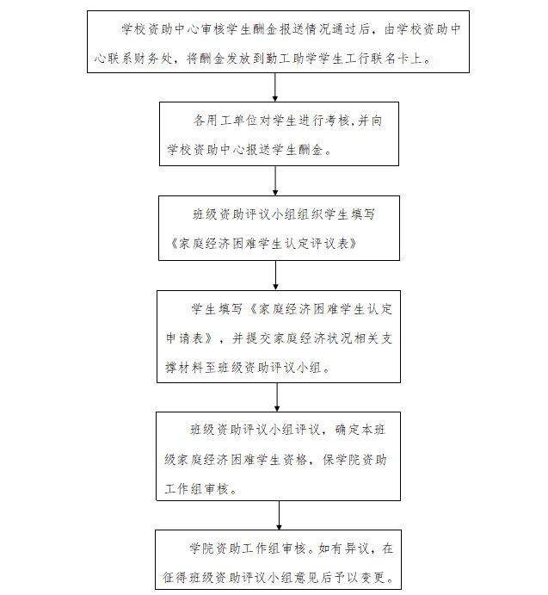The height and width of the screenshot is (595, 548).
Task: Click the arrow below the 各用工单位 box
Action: coord(275,180)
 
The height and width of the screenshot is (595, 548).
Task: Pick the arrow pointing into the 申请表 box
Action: coord(275,275)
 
